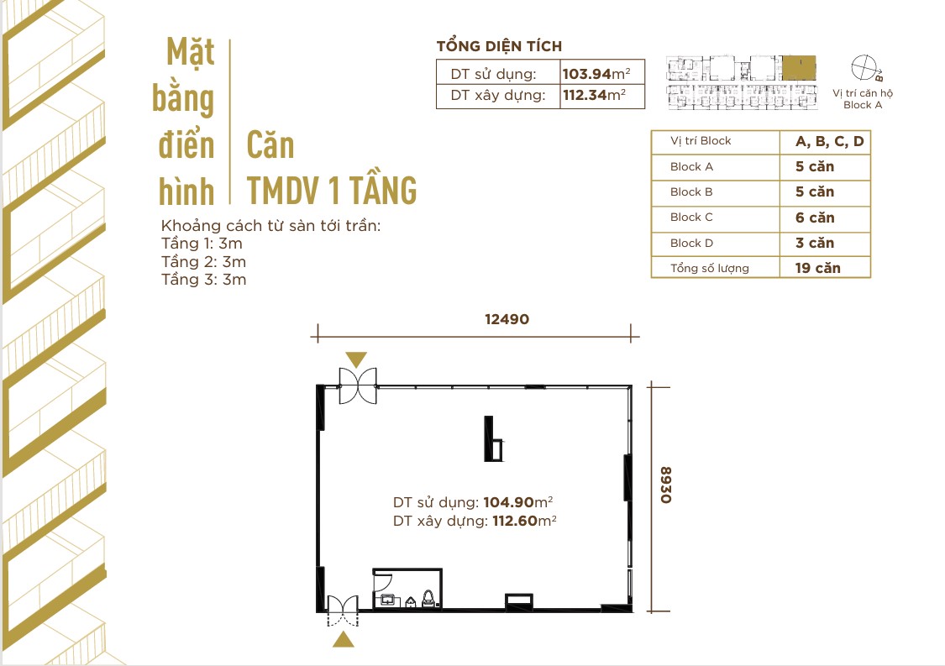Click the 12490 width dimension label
[x=506, y=319]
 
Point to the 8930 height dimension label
[x=665, y=485]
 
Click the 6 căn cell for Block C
[x=815, y=218]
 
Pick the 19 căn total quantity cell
[x=817, y=269]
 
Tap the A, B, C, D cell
[x=829, y=141]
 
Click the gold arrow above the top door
[x=356, y=359]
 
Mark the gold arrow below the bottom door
[x=343, y=640]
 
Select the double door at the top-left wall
[x=359, y=385]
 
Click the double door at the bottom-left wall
[x=343, y=611]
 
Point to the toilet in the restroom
[x=428, y=598]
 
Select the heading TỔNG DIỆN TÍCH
[x=499, y=46]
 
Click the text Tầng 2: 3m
[x=203, y=261]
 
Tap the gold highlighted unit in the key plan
[x=799, y=66]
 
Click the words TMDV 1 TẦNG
[x=332, y=191]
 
